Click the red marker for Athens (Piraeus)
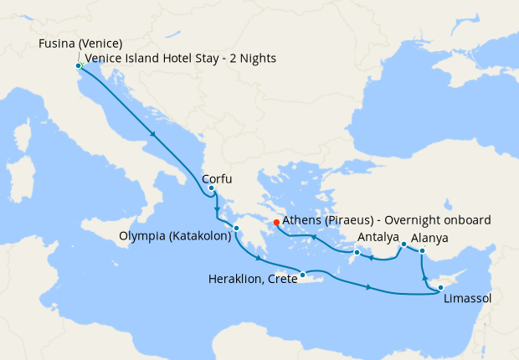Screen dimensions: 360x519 pyautogui.click(x=276, y=223)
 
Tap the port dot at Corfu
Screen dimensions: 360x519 pyautogui.click(x=211, y=188)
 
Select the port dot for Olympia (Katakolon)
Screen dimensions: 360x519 pyautogui.click(x=237, y=228)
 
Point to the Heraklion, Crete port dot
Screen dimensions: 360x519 pyautogui.click(x=302, y=274)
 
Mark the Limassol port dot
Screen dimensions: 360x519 pyautogui.click(x=440, y=288)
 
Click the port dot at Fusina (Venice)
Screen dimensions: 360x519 pyautogui.click(x=78, y=65)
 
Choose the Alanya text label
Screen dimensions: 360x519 pyautogui.click(x=429, y=238)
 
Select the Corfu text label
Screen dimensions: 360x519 pyautogui.click(x=217, y=178)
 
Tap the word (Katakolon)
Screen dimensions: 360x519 pyautogui.click(x=202, y=237)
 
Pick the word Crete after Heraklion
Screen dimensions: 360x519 pyautogui.click(x=281, y=280)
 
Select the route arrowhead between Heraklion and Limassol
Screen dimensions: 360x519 pyautogui.click(x=368, y=288)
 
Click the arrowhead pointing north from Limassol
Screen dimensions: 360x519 pyautogui.click(x=424, y=276)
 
